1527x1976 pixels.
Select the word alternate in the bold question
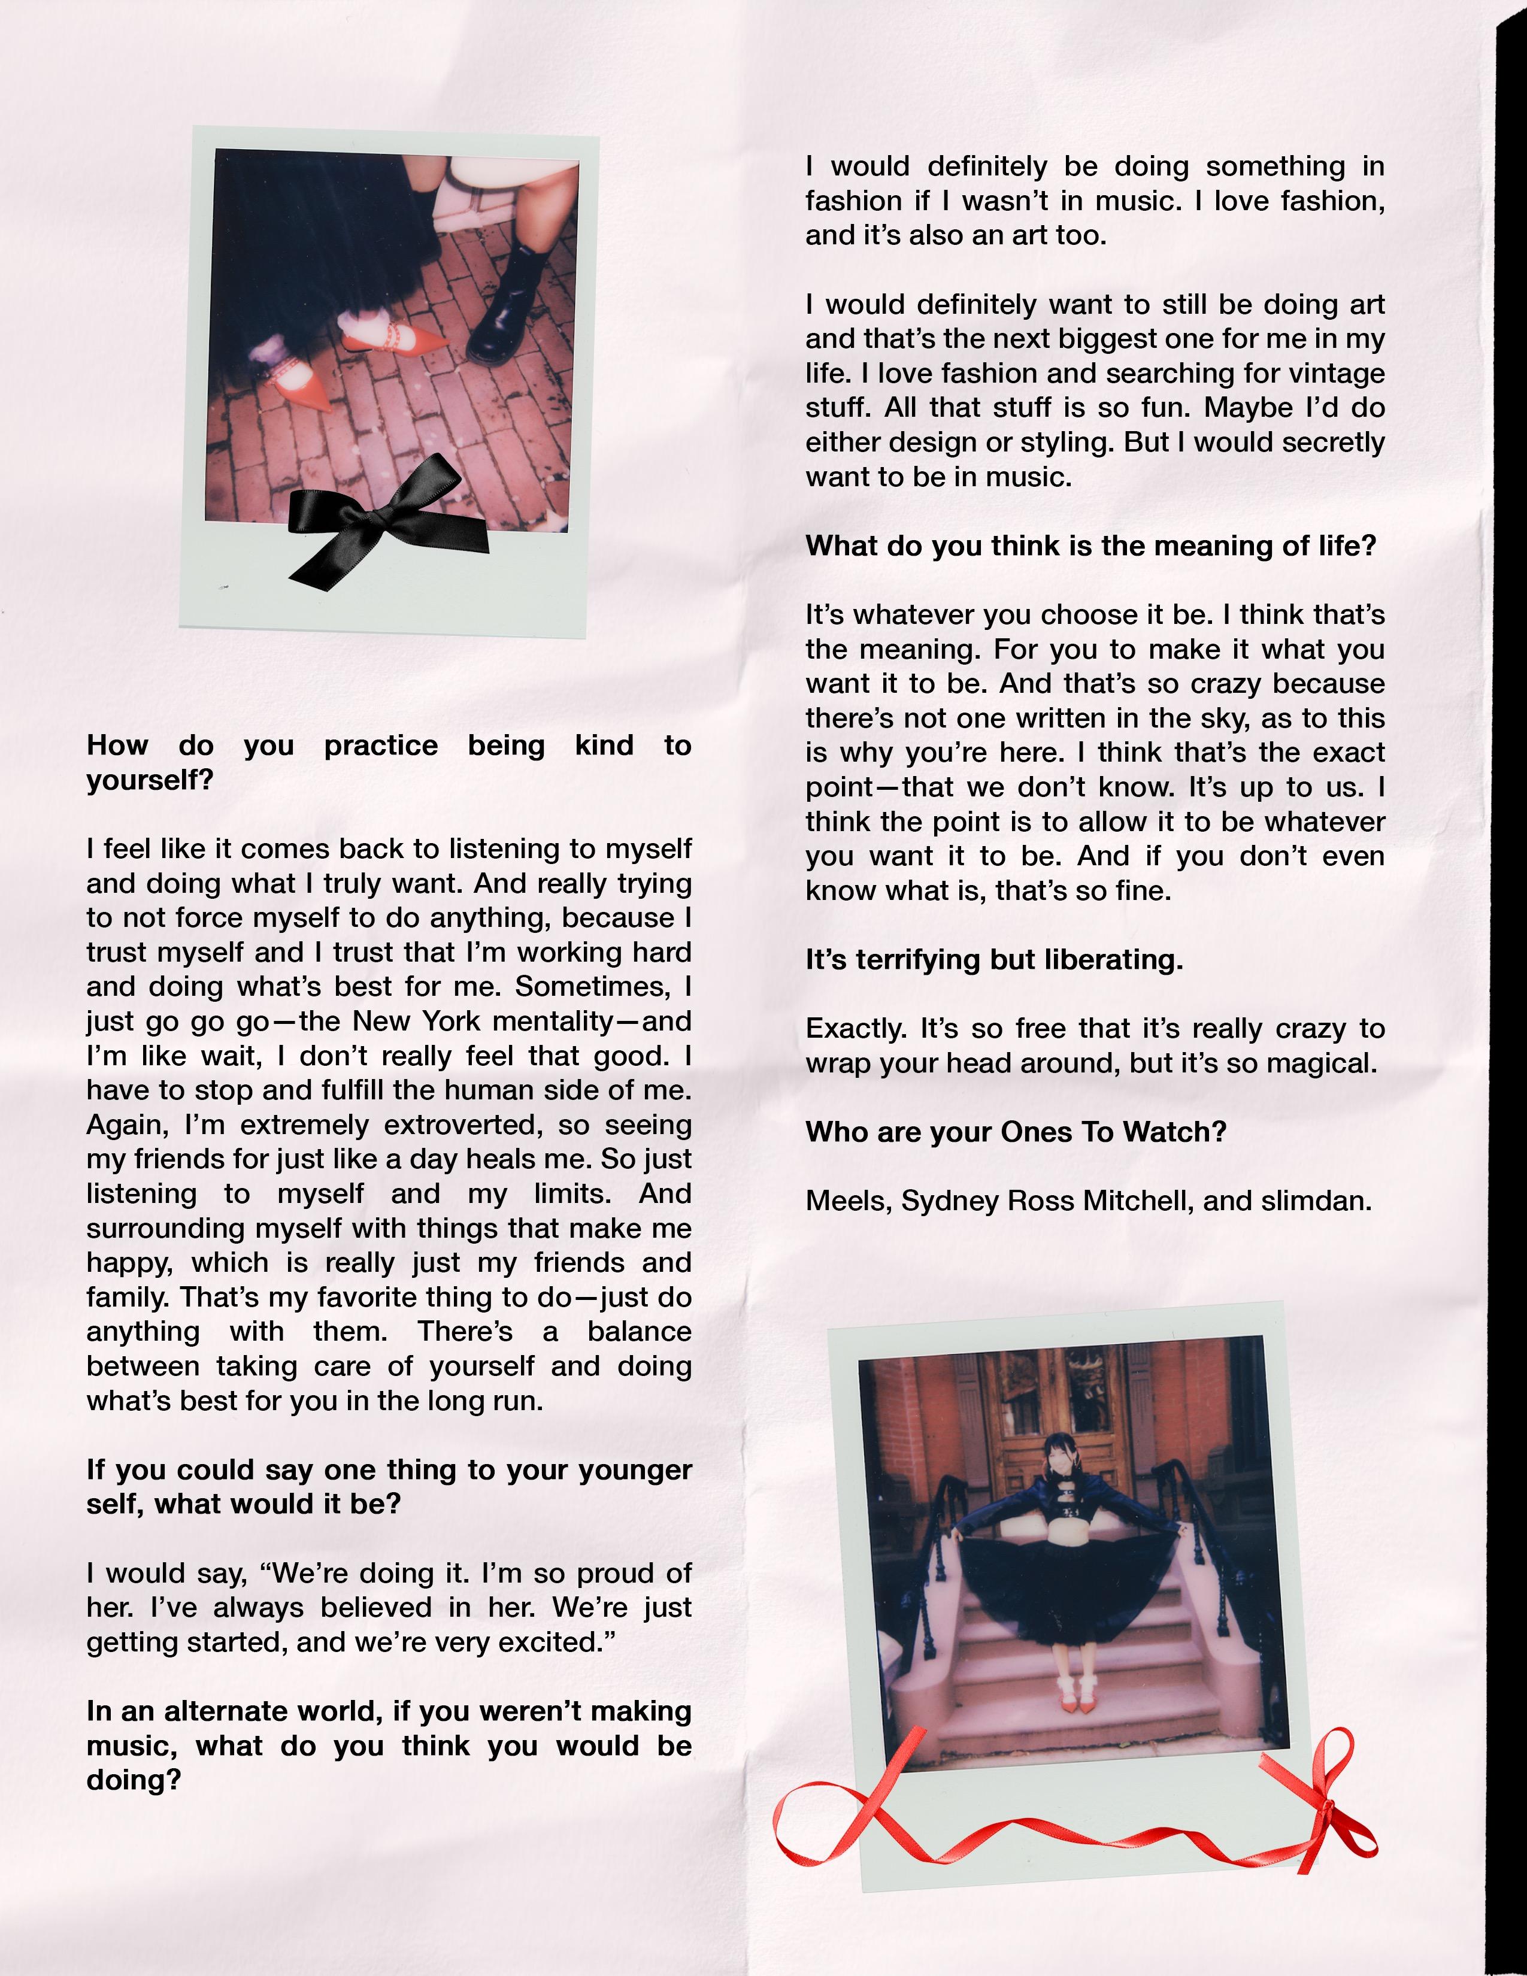[226, 1712]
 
